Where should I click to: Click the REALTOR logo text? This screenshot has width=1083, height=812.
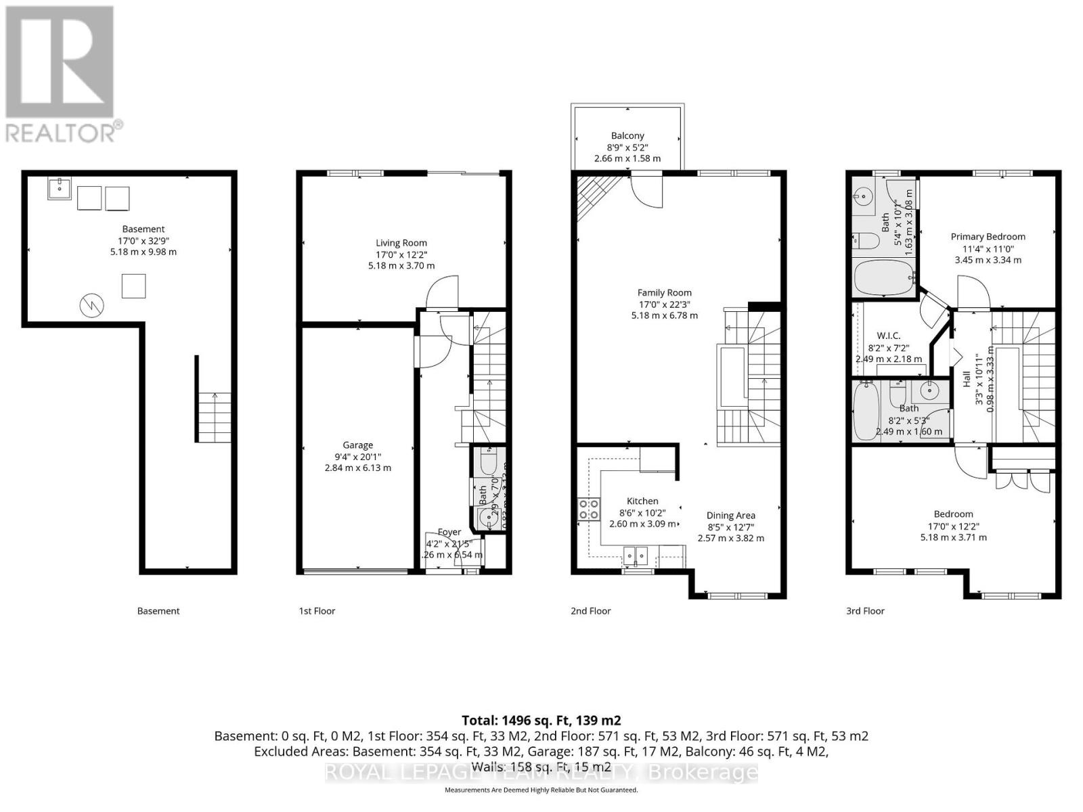coord(64,132)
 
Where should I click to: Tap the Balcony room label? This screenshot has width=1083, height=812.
coord(627,136)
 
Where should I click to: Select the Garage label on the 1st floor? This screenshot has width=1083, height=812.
coord(357,445)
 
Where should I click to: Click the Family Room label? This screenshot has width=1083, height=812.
coord(664,293)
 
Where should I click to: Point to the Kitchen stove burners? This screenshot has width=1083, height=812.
coord(588,509)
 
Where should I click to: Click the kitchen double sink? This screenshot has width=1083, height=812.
coord(636,556)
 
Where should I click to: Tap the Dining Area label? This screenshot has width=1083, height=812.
coord(730,516)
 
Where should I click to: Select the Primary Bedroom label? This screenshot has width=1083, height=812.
coord(988,237)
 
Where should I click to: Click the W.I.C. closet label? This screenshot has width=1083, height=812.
coord(888,336)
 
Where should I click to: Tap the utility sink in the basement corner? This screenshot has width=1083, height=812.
coord(60,189)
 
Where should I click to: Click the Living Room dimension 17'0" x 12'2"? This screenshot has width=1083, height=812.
coord(401,254)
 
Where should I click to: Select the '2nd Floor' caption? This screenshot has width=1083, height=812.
coord(590,611)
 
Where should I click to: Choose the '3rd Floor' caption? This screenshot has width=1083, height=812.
coord(865,611)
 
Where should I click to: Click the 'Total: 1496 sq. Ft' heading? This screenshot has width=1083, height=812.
coord(541,720)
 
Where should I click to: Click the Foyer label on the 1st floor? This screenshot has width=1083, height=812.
coord(449,533)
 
